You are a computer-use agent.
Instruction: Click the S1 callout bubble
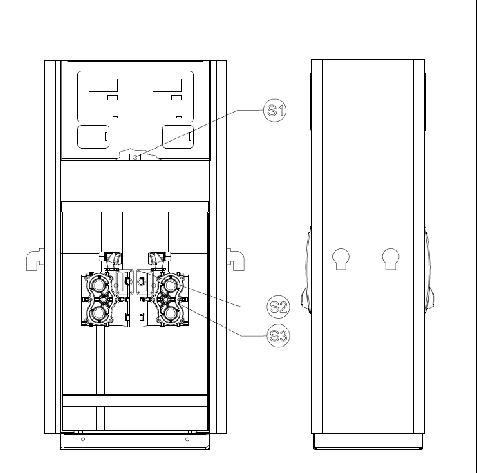275,110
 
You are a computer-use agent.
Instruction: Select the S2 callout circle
279,307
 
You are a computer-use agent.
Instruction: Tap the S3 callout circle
279,336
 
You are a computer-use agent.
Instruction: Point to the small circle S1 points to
135,157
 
